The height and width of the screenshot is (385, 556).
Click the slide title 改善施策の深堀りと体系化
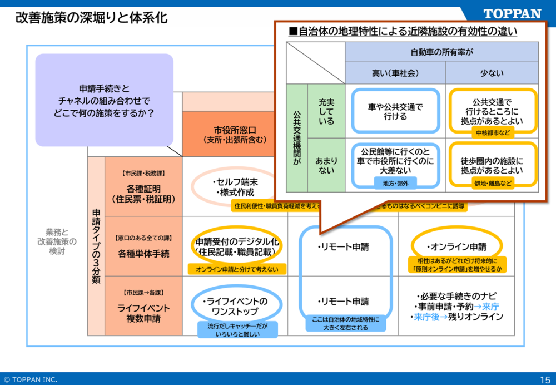click(x=91, y=18)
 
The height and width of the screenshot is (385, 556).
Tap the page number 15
click(x=544, y=379)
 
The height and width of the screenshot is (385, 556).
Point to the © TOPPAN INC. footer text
click(x=30, y=379)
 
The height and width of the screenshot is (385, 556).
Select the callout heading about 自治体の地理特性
click(x=403, y=31)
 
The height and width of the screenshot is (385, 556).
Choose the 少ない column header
click(x=492, y=73)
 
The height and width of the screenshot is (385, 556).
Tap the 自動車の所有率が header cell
click(x=441, y=52)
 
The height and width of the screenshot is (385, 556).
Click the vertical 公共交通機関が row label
click(x=296, y=138)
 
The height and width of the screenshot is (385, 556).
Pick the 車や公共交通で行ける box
click(x=395, y=111)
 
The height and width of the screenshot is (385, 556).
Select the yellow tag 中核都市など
click(x=492, y=133)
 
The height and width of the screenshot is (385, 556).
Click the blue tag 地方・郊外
click(x=395, y=183)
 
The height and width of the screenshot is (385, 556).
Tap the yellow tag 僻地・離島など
click(x=492, y=183)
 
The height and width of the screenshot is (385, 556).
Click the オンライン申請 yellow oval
click(x=456, y=246)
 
